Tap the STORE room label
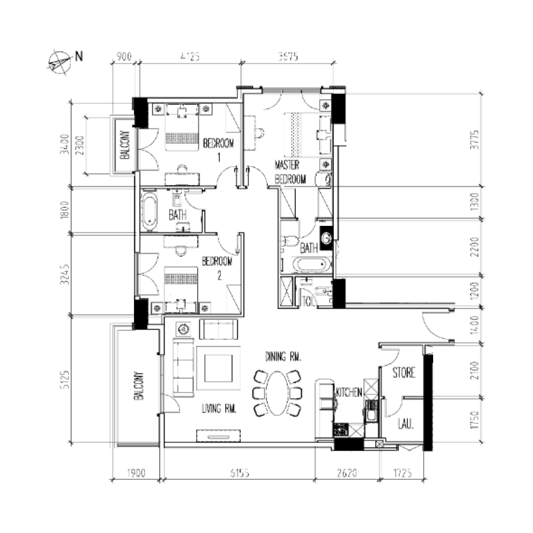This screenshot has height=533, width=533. click(404, 372)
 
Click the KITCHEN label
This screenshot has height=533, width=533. click(349, 392)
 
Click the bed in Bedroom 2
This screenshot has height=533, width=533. click(181, 282)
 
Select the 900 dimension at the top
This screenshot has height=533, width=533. click(124, 57)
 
